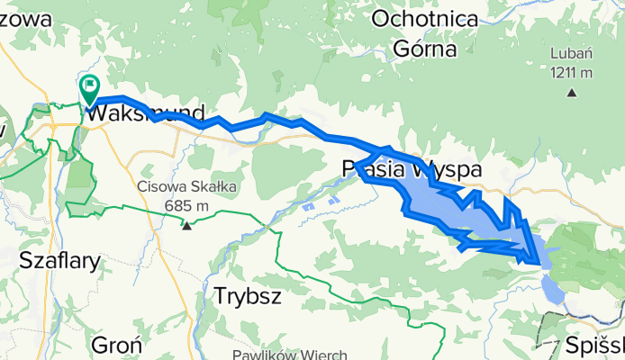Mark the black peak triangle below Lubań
tap(572, 91)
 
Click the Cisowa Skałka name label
tap(187, 187)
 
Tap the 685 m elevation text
tap(187, 206)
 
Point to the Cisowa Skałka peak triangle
tap(187, 226)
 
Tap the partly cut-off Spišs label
tap(595, 345)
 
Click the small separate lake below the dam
tap(554, 287)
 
